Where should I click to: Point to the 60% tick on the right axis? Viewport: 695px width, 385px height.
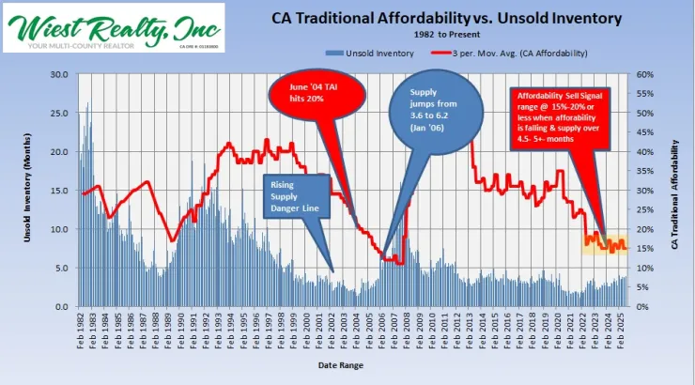(646, 74)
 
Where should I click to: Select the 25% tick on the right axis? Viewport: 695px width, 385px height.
(646, 209)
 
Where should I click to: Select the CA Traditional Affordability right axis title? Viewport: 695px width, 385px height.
(674, 191)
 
